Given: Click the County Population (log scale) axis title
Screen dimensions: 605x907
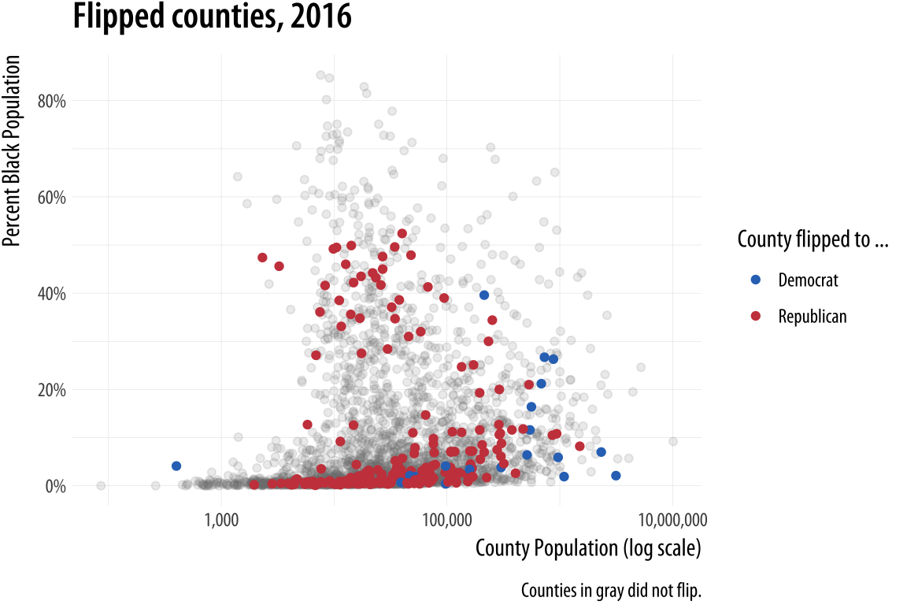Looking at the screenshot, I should pos(587,548).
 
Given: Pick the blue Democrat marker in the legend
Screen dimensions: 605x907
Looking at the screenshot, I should pos(756,280).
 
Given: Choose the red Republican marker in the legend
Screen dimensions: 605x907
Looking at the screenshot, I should pos(756,316).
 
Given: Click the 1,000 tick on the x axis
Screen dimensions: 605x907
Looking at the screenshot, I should pos(221,521).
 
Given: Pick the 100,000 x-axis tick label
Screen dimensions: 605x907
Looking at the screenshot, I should pos(446,521).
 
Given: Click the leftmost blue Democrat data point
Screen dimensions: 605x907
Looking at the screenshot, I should pos(176,466).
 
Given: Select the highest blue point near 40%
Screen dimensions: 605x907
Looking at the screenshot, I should pos(484,295).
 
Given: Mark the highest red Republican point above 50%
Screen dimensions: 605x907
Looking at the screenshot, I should pos(402,233).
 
